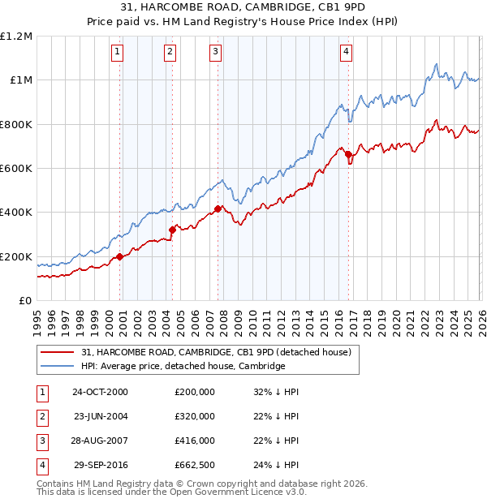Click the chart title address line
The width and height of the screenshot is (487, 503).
click(243, 8)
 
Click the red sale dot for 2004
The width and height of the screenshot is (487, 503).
click(172, 230)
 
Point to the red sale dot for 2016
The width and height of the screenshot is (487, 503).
click(348, 154)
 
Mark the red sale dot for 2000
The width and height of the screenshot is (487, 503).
click(120, 256)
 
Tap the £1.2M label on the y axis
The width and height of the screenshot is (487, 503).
click(16, 37)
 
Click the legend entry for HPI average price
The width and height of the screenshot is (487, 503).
click(183, 366)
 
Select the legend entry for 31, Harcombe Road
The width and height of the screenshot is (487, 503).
click(216, 352)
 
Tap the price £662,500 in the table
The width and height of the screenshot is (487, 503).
click(195, 465)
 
